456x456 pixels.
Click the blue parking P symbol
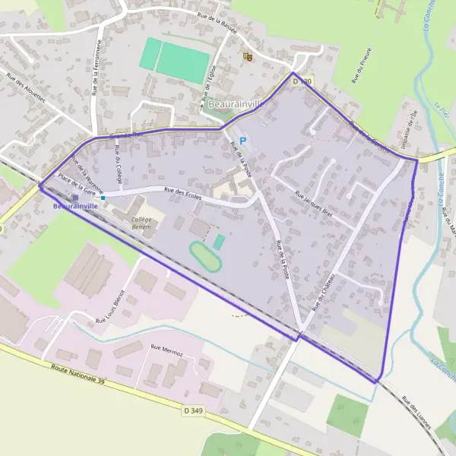242,141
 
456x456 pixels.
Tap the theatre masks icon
246,56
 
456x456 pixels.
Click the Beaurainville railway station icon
75,196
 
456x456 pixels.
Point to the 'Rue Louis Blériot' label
107,307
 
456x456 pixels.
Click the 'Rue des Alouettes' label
23,91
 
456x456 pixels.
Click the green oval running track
203,256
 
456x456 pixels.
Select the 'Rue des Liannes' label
416,414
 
